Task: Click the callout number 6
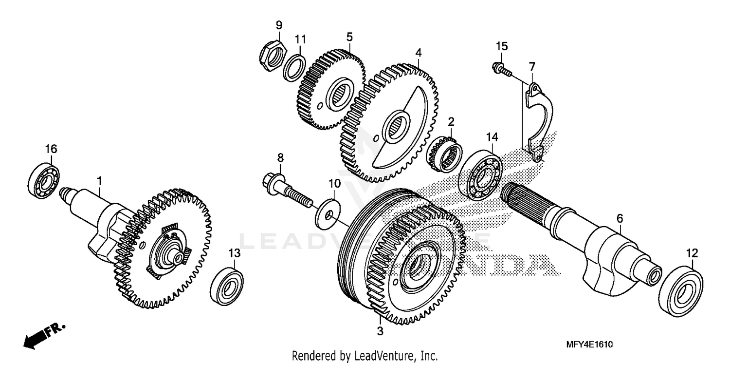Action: (620, 219)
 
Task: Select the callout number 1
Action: (99, 181)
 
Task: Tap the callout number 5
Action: (349, 37)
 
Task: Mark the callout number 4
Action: (418, 52)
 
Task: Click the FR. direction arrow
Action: (42, 334)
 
